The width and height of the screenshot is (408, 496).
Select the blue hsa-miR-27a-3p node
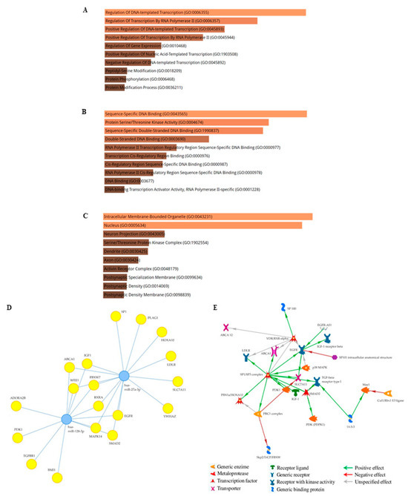tap(123, 376)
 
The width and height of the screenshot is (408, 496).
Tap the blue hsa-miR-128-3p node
tap(67, 420)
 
